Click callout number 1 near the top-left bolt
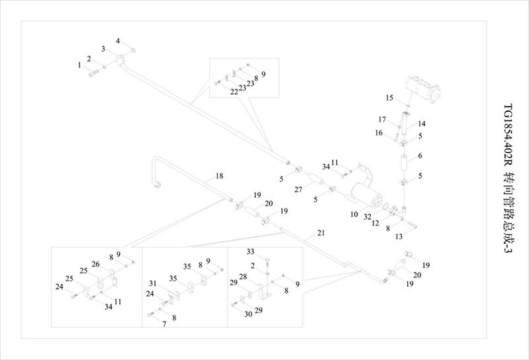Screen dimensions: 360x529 [x=79, y=65]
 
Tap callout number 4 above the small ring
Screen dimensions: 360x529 [x=118, y=41]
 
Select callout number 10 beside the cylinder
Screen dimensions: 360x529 [x=355, y=215]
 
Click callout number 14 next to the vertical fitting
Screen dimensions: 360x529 [x=421, y=124]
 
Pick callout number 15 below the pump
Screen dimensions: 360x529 [x=390, y=98]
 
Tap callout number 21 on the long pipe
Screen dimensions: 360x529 [x=321, y=233]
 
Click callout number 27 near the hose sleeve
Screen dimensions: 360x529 [x=299, y=189]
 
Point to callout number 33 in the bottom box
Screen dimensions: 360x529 [x=250, y=251]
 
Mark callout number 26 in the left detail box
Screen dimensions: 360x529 [x=95, y=265]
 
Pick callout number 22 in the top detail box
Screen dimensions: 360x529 [x=234, y=92]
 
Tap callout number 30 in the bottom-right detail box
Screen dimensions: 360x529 [x=248, y=314]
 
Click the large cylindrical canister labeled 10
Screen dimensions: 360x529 [x=367, y=196]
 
